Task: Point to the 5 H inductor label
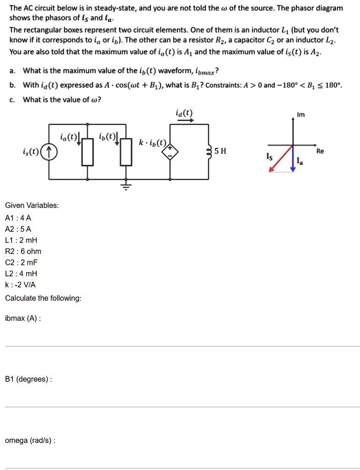(x=221, y=151)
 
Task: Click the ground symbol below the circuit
(x=126, y=186)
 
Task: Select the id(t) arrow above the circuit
(x=185, y=120)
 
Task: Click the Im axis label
(x=301, y=114)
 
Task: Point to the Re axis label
(x=320, y=151)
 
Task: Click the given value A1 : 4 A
(x=18, y=218)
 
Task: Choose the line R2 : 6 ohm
(x=23, y=251)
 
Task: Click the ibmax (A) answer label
(x=22, y=318)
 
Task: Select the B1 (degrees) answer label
(x=28, y=379)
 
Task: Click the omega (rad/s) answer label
(x=30, y=440)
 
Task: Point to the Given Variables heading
(x=32, y=205)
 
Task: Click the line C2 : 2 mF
(x=21, y=263)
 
